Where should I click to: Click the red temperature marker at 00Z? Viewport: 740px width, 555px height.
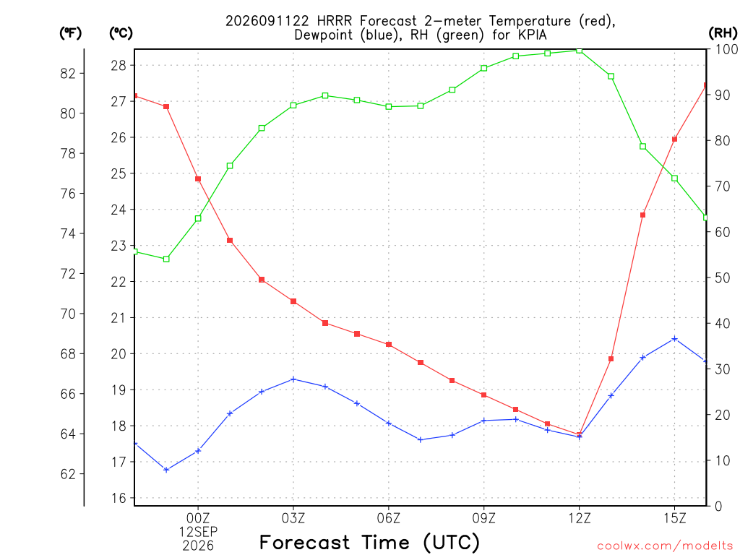[x=198, y=179]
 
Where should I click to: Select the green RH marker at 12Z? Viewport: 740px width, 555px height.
[x=580, y=51]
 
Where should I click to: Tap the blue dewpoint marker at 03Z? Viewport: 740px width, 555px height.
[x=293, y=379]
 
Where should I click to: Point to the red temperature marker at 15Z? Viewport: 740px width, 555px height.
[x=675, y=139]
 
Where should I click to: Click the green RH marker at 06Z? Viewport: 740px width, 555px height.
[x=389, y=107]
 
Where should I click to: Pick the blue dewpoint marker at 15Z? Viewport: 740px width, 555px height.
[x=675, y=338]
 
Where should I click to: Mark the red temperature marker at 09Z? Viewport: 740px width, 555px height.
[x=483, y=395]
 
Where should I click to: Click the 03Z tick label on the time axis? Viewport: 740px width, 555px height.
[x=293, y=518]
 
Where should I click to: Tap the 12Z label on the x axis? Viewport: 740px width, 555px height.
[x=580, y=518]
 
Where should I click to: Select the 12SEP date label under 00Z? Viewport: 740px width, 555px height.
[x=198, y=532]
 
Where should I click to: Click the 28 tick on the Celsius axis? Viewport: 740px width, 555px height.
[x=119, y=65]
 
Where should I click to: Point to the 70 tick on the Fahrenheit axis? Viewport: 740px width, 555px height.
[x=68, y=314]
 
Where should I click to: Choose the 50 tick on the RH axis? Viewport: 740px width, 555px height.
[x=722, y=277]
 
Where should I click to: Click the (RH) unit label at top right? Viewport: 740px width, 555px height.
[x=723, y=33]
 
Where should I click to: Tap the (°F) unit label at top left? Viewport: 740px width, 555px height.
[x=70, y=33]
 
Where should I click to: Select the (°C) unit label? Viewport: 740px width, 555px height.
[x=121, y=33]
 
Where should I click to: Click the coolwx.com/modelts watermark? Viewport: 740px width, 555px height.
[x=665, y=546]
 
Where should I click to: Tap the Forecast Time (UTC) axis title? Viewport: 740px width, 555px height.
[x=369, y=542]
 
